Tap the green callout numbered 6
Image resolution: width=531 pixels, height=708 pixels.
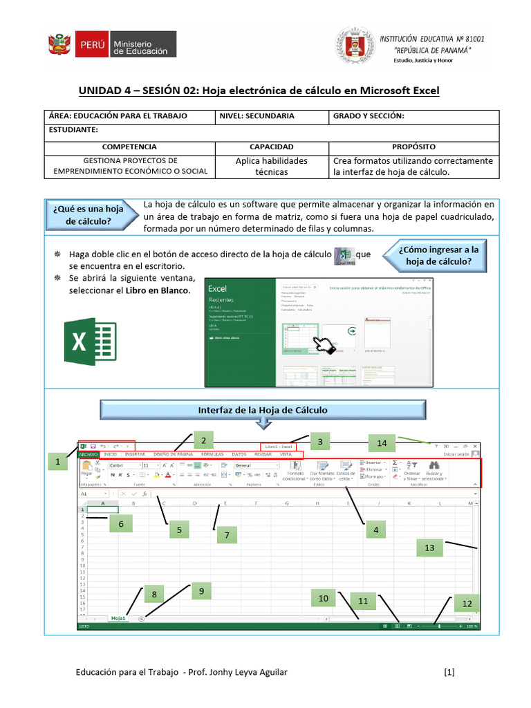[x=120, y=525]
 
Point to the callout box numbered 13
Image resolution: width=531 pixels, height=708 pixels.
[x=429, y=548]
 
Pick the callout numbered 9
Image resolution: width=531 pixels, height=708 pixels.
[x=201, y=591]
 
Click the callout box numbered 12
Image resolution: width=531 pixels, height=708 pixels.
[x=467, y=604]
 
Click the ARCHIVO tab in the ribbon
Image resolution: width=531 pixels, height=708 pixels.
[x=88, y=454]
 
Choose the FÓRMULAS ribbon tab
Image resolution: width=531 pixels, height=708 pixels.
[x=212, y=454]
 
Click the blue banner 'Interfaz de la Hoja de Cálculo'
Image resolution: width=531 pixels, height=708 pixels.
[x=263, y=410]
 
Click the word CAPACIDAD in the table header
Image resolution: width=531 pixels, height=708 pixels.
[x=272, y=147]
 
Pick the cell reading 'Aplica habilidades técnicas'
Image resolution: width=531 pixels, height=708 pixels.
[x=272, y=166]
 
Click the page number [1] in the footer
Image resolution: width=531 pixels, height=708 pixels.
[x=449, y=671]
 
